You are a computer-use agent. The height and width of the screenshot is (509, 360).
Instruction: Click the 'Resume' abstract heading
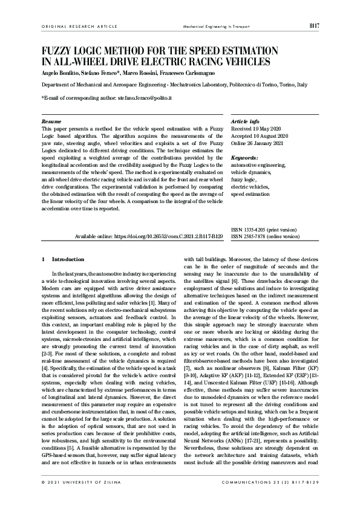click(51, 122)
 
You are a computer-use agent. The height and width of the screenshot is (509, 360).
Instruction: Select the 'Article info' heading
click(246, 122)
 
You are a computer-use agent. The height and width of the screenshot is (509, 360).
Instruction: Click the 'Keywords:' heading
click(244, 158)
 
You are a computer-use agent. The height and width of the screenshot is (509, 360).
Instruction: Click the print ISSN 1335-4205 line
click(264, 230)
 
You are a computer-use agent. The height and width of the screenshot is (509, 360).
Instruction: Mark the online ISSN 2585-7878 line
click(265, 237)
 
